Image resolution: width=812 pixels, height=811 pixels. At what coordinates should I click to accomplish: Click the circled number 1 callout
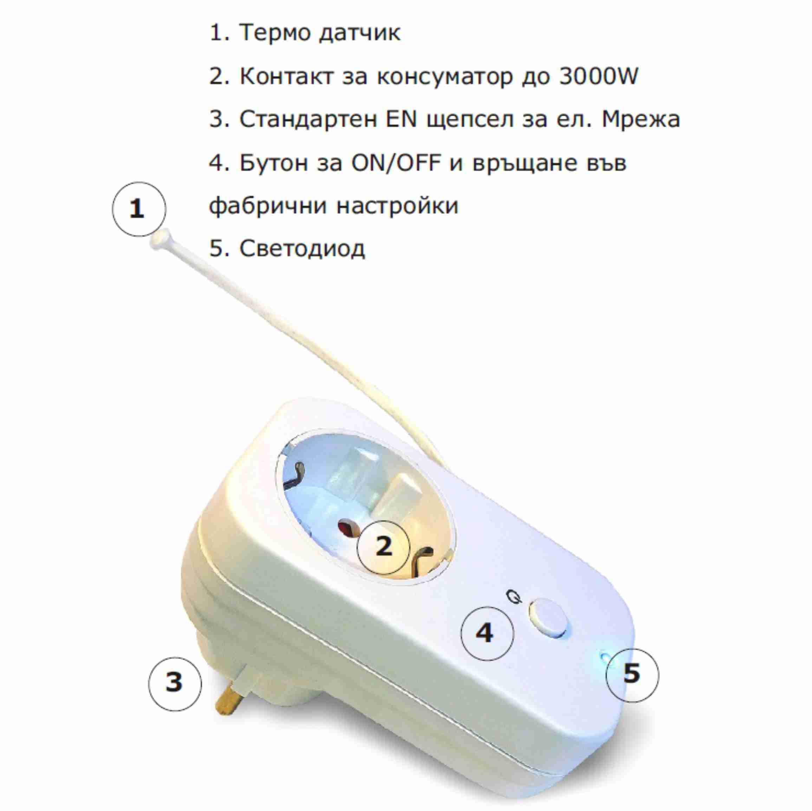[x=139, y=209]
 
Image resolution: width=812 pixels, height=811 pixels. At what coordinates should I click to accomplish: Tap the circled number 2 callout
[x=383, y=547]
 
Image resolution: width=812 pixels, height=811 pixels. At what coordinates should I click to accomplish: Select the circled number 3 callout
[x=175, y=684]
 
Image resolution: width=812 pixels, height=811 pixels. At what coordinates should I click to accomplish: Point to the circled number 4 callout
[x=488, y=633]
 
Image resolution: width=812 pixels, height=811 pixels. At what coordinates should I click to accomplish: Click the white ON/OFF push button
[x=549, y=618]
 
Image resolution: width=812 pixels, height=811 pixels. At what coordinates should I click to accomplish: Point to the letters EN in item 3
[x=401, y=119]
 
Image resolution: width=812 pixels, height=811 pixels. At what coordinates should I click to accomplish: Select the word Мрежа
[x=641, y=119]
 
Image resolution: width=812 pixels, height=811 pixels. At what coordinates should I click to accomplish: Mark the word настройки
[x=398, y=206]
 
